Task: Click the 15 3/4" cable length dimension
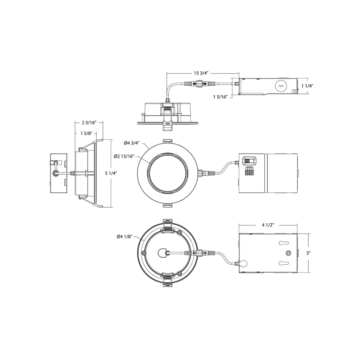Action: (201, 73)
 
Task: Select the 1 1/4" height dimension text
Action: (308, 85)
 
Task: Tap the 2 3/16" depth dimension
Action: (89, 123)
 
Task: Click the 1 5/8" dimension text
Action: (87, 133)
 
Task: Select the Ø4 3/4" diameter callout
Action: (132, 143)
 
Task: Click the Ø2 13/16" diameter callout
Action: (124, 156)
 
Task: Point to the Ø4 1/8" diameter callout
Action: (124, 237)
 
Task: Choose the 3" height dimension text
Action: (309, 253)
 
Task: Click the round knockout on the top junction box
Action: (281, 85)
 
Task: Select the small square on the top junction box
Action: (294, 91)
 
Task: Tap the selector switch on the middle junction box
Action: (249, 160)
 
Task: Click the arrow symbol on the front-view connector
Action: (205, 173)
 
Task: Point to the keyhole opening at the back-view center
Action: (162, 252)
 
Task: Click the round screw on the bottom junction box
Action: (289, 253)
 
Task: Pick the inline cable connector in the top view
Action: (199, 84)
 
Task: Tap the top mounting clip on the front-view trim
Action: (168, 141)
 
